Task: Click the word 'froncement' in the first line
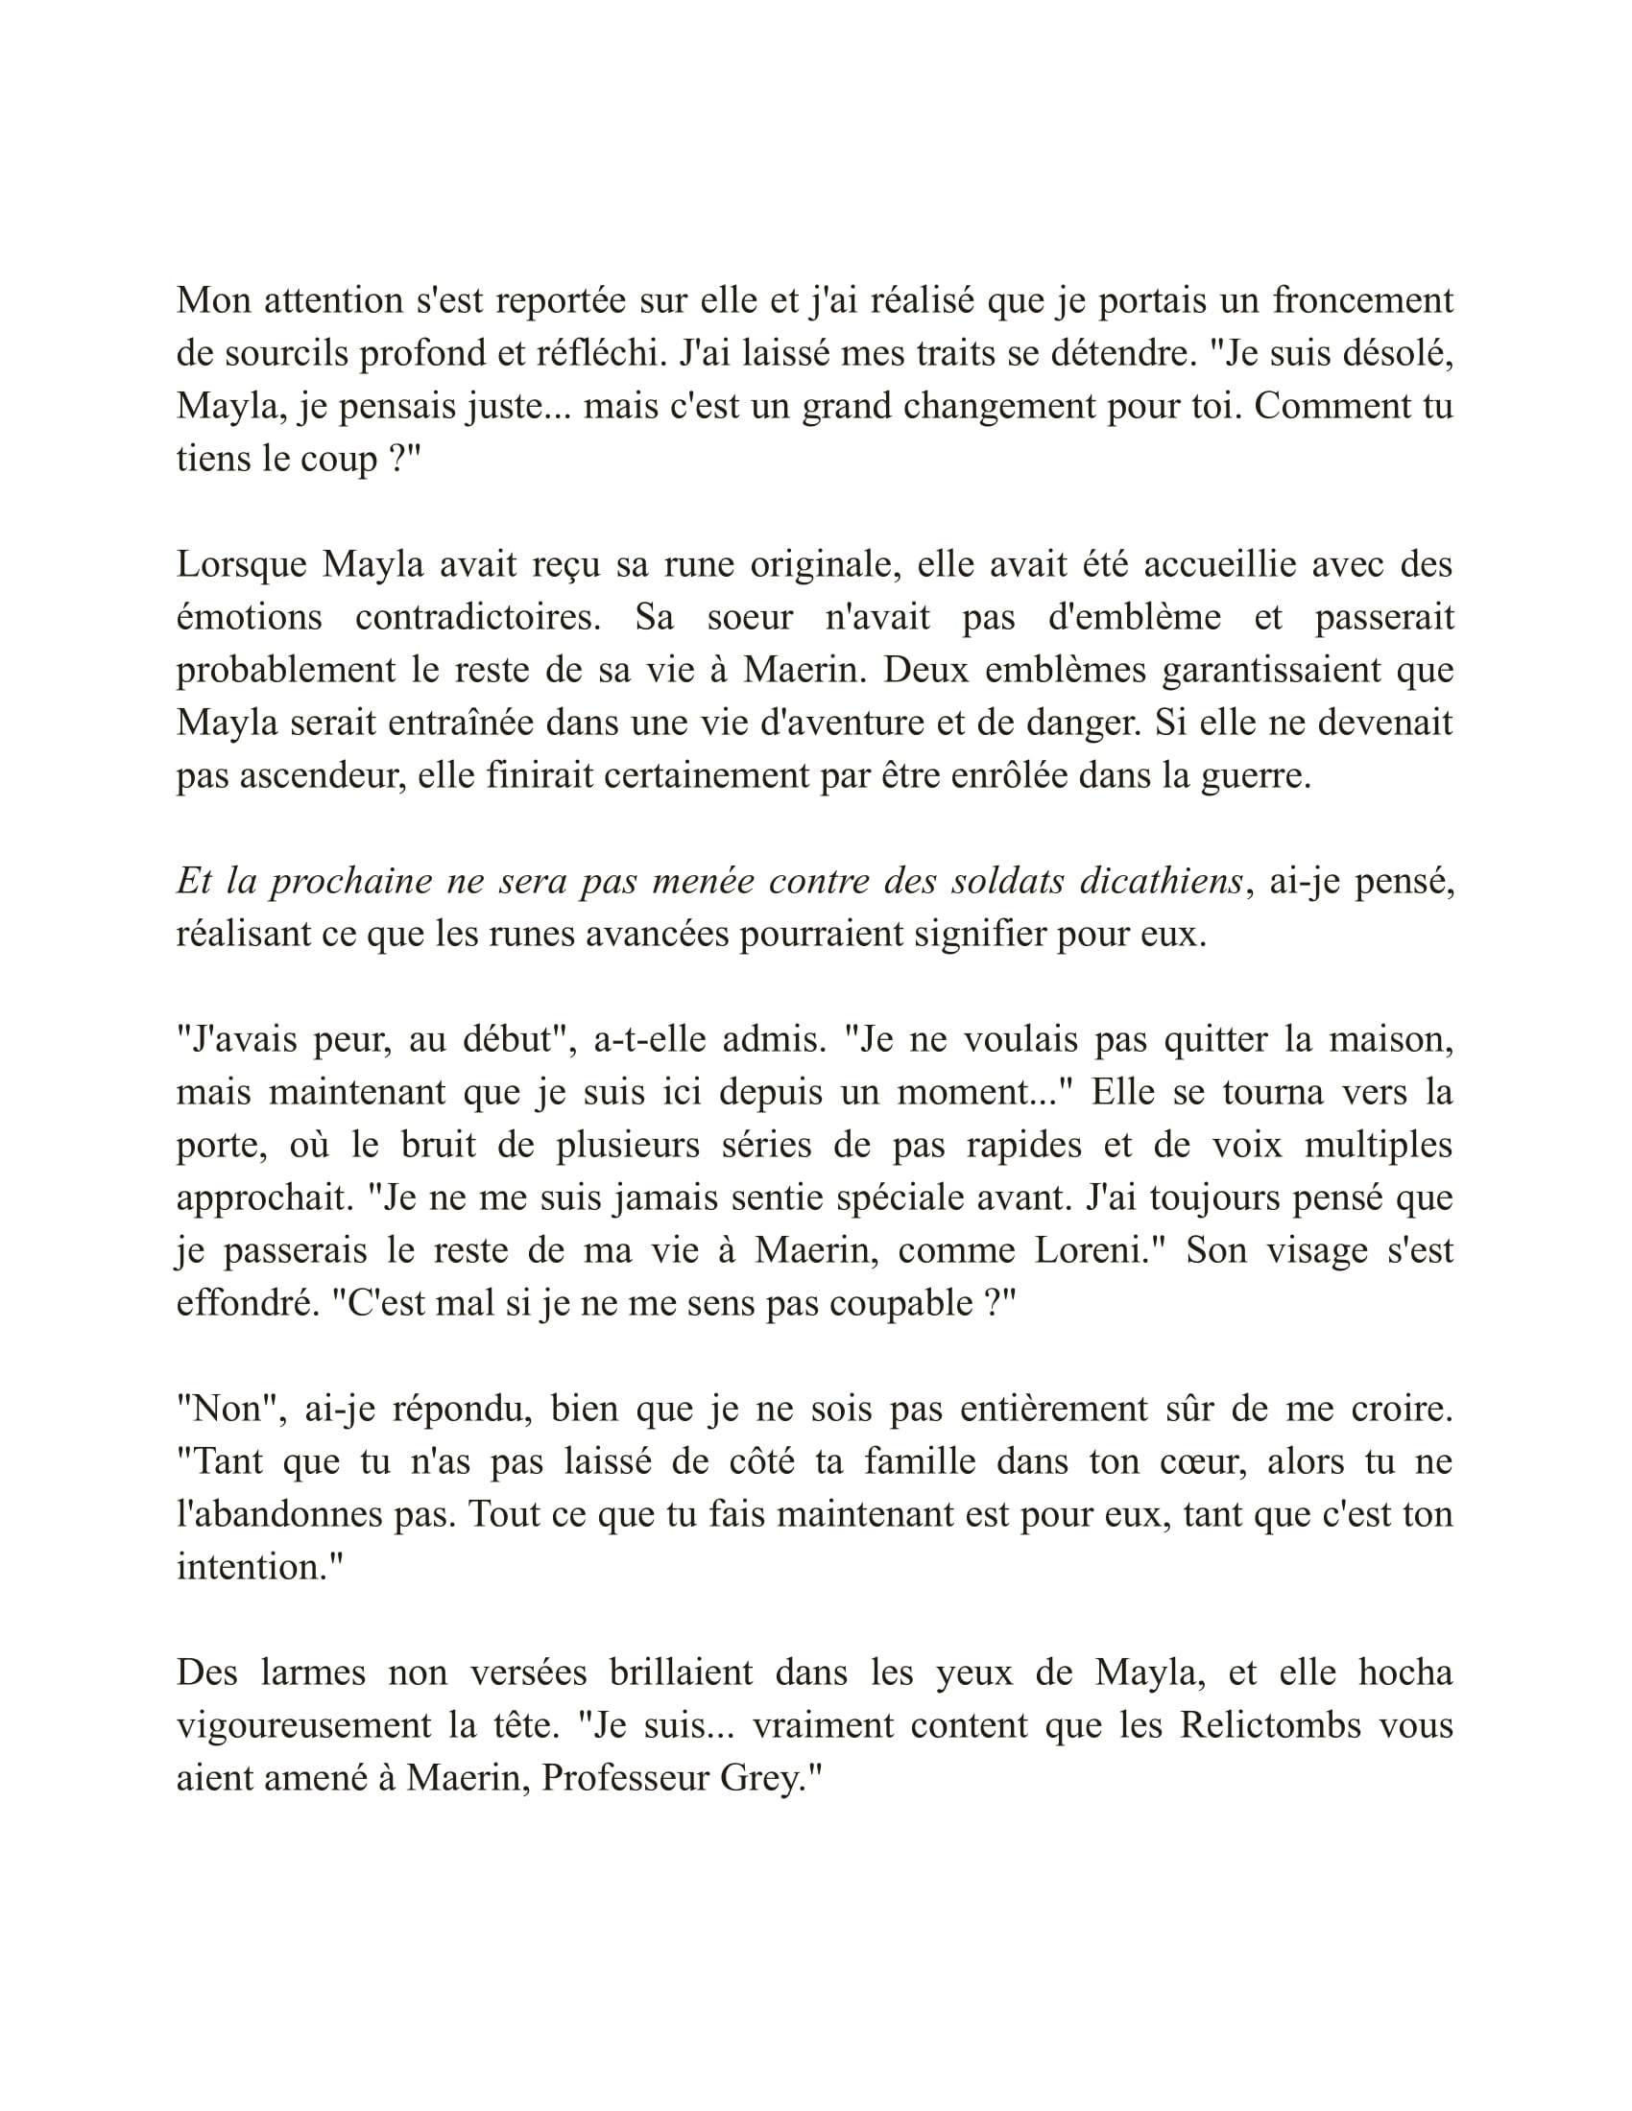(x=1362, y=300)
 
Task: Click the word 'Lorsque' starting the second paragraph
(x=241, y=564)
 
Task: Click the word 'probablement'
(x=285, y=670)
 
